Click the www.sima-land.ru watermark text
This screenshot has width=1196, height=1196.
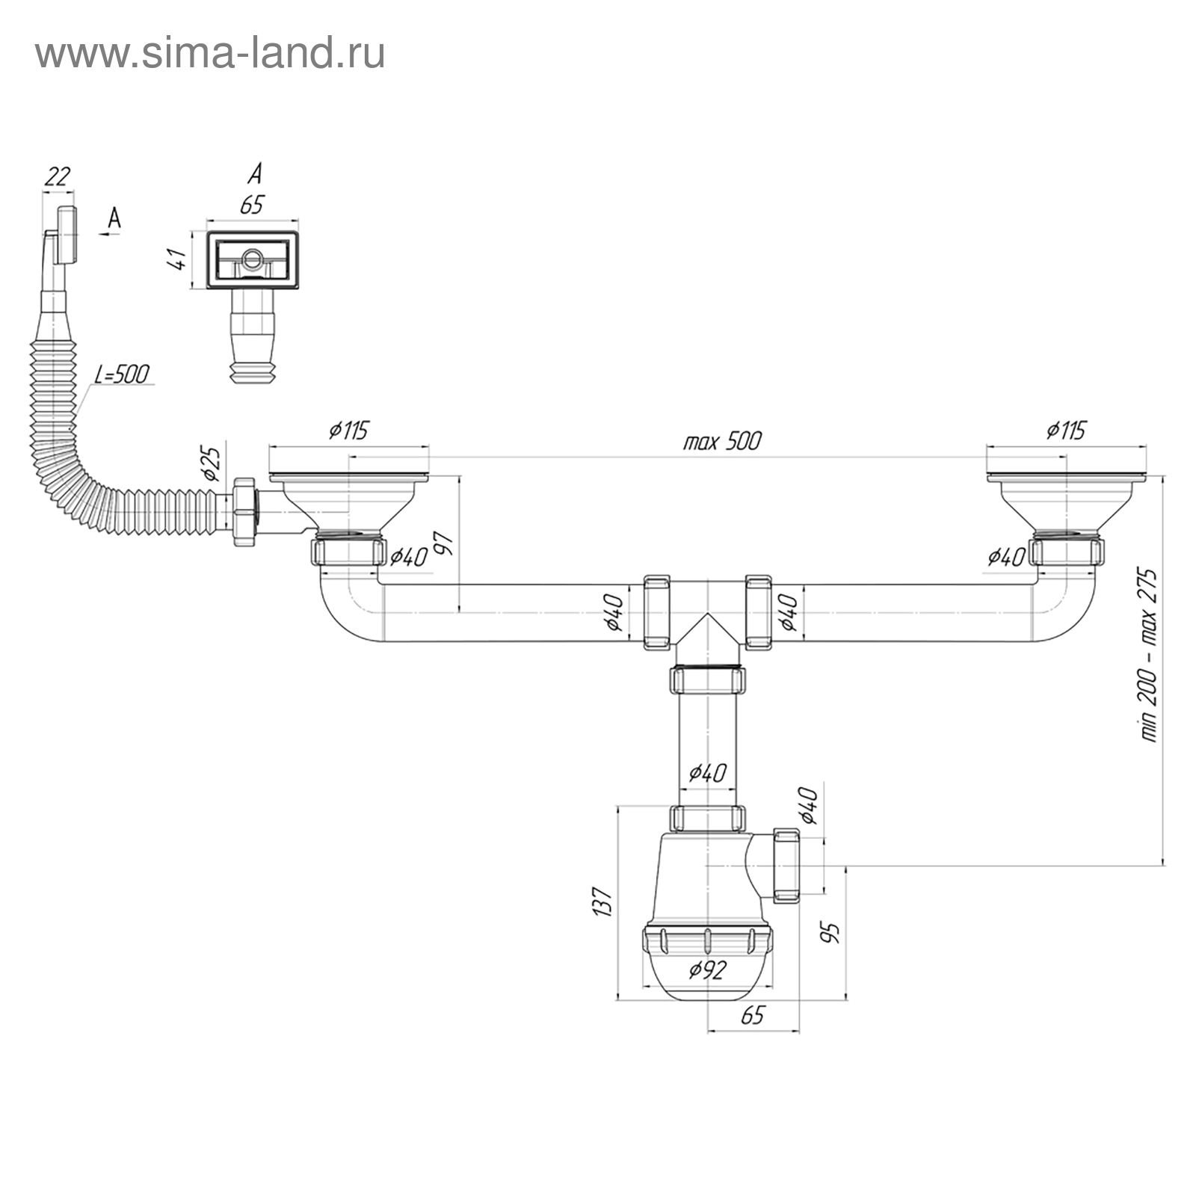210,53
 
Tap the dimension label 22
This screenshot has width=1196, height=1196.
58,176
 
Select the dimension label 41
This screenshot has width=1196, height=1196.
177,259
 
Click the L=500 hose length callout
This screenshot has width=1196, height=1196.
122,373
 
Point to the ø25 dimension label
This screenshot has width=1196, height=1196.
212,463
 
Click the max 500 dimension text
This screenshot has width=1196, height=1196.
722,441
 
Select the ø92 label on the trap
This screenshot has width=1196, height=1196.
707,970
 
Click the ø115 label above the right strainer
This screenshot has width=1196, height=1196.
1066,431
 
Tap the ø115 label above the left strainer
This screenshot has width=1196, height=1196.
348,431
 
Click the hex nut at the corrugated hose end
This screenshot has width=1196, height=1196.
246,512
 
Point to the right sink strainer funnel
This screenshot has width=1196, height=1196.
1066,504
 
